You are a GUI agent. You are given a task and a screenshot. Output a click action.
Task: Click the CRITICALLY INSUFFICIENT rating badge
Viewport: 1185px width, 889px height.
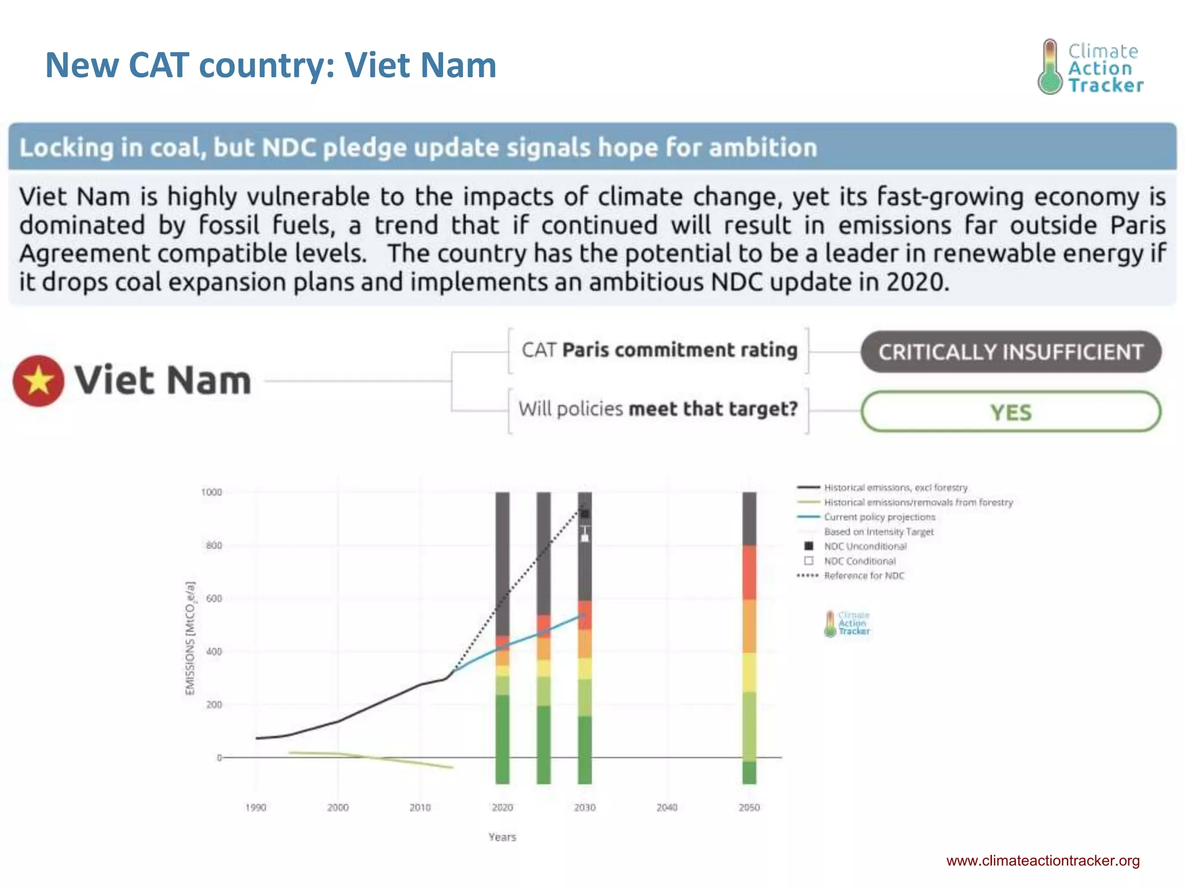1010,352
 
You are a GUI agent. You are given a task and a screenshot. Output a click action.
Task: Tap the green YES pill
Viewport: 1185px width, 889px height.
1010,412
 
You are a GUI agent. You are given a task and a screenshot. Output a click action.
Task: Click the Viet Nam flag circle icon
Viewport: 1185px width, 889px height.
38,381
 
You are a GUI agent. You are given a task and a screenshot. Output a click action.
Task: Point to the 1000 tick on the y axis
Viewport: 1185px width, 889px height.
211,492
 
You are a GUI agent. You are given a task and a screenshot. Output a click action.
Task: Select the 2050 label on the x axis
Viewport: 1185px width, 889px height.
749,807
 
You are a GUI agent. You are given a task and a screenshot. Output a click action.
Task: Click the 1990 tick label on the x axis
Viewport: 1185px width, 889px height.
256,807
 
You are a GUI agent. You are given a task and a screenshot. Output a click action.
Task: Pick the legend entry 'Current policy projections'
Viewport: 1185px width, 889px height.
879,517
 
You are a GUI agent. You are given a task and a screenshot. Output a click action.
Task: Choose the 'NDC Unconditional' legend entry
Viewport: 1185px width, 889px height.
865,546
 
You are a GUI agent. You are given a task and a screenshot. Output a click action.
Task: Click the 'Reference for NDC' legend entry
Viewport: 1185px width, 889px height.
864,576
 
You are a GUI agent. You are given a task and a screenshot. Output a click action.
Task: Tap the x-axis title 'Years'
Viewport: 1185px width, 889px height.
502,837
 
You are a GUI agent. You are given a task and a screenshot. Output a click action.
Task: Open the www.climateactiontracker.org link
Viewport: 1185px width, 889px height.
1043,861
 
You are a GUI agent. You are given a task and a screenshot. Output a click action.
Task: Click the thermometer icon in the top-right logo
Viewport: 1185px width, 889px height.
1050,67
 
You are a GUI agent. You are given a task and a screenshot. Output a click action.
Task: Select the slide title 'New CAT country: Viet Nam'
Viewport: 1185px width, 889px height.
271,65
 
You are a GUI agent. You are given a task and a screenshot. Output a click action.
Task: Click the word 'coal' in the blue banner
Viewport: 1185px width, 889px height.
175,148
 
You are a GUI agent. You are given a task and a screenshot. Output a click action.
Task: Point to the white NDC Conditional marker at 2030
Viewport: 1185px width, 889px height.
585,538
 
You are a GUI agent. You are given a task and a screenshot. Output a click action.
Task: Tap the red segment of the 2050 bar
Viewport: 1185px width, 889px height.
749,572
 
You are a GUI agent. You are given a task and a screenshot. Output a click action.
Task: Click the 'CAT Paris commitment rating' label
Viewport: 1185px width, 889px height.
659,350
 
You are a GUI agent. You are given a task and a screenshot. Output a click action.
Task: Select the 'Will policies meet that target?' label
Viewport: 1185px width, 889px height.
658,409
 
